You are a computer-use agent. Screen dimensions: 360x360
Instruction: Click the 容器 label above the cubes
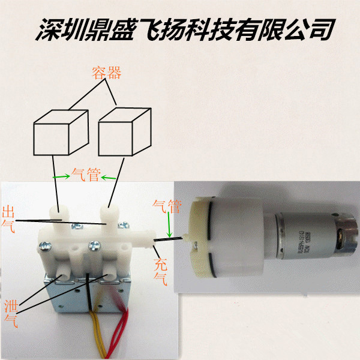106,74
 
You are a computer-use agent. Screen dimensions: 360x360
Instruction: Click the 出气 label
9,219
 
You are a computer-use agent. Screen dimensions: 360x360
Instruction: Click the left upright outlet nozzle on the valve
58,216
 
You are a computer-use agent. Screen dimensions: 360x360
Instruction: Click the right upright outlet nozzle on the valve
109,216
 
